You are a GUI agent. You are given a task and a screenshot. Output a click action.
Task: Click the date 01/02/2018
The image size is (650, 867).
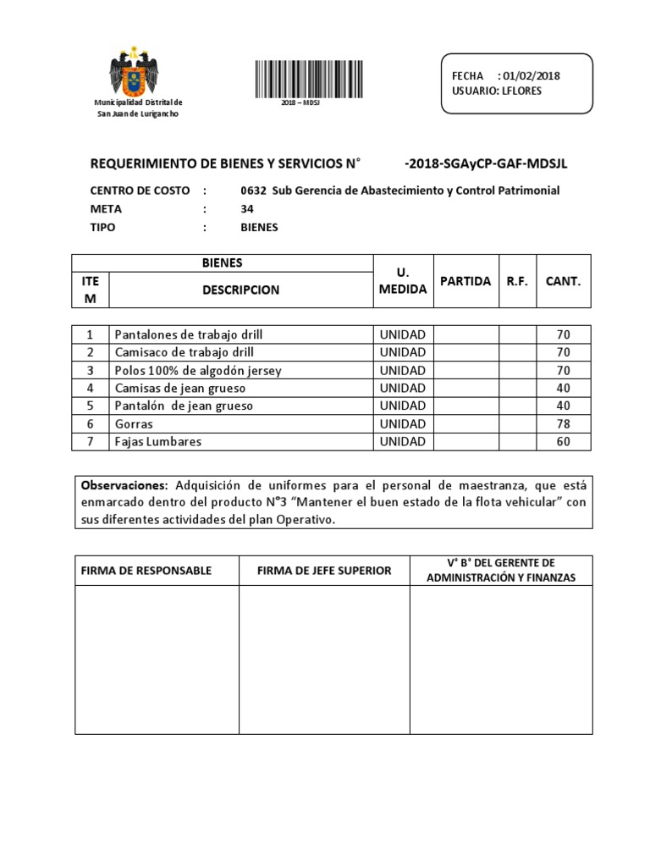(530, 76)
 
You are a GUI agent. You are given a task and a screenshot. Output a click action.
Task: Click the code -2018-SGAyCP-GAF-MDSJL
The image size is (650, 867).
(486, 163)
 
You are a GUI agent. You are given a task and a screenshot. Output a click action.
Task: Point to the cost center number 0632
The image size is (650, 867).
(253, 191)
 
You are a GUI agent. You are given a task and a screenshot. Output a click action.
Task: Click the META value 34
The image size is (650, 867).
(247, 209)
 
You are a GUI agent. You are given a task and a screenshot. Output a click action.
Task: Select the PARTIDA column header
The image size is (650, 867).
(465, 281)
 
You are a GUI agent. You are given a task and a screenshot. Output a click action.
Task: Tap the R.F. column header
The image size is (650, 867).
(517, 281)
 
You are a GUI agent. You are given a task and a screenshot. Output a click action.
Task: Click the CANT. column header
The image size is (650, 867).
(563, 281)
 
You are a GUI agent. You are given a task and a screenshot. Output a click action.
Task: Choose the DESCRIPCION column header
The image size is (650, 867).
(241, 290)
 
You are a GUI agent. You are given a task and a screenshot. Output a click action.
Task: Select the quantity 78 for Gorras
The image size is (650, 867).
(564, 423)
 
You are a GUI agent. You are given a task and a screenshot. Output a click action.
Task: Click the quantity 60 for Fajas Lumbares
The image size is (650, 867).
(564, 441)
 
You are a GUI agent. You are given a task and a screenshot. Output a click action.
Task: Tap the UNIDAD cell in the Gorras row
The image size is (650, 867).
(402, 423)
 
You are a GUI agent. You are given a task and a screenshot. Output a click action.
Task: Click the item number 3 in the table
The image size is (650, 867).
(89, 370)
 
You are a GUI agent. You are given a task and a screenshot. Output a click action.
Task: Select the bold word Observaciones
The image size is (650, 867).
(124, 485)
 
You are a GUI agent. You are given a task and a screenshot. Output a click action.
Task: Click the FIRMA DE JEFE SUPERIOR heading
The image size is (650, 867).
(324, 571)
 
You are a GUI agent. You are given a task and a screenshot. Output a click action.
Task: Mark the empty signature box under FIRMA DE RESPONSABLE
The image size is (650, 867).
(156, 661)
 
